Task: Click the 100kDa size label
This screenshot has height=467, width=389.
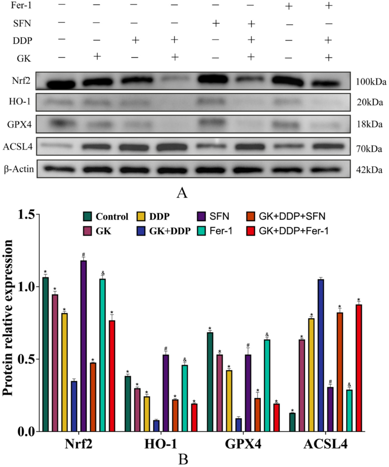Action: click(x=371, y=82)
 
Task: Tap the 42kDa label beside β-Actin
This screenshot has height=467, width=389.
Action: click(x=369, y=170)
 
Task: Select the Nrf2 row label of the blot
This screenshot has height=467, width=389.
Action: click(x=21, y=80)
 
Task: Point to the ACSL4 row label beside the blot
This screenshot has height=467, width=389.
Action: click(x=18, y=147)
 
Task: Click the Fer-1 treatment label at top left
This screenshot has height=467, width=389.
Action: click(x=21, y=5)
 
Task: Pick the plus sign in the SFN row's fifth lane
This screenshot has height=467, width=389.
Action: click(x=216, y=23)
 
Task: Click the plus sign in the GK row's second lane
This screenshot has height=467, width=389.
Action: click(x=97, y=56)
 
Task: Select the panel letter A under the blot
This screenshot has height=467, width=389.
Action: click(x=182, y=193)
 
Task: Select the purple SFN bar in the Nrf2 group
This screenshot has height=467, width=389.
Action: click(x=83, y=346)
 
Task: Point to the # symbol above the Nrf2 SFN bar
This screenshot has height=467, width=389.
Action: click(x=83, y=254)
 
